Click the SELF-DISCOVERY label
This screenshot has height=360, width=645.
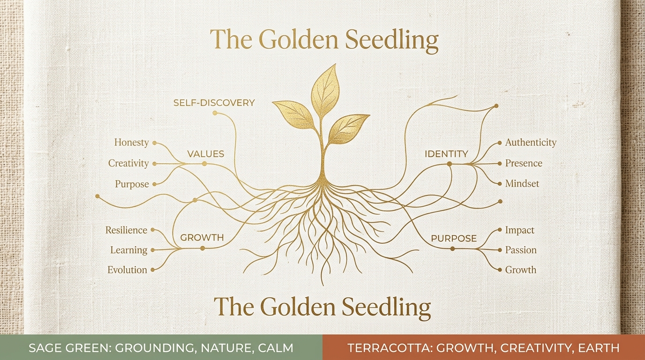coord(214,103)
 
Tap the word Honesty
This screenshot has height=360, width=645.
coord(132,142)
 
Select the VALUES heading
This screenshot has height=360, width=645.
coord(206,154)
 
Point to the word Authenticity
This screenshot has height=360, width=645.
coord(531,142)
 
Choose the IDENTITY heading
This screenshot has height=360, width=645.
coord(447,154)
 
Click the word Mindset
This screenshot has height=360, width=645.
coord(522,183)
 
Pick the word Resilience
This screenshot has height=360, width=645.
coord(126,230)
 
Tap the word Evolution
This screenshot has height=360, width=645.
coord(127,270)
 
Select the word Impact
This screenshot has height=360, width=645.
coord(520,230)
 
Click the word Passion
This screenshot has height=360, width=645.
coord(521,250)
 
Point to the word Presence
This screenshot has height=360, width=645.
coord(524,163)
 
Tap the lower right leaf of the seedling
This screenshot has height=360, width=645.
coord(348,129)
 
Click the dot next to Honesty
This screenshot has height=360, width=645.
coord(154,143)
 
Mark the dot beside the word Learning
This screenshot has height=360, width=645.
coord(153,250)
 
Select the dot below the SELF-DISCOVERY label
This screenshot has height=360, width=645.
coord(215,113)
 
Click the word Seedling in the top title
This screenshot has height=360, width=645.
coord(391,40)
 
